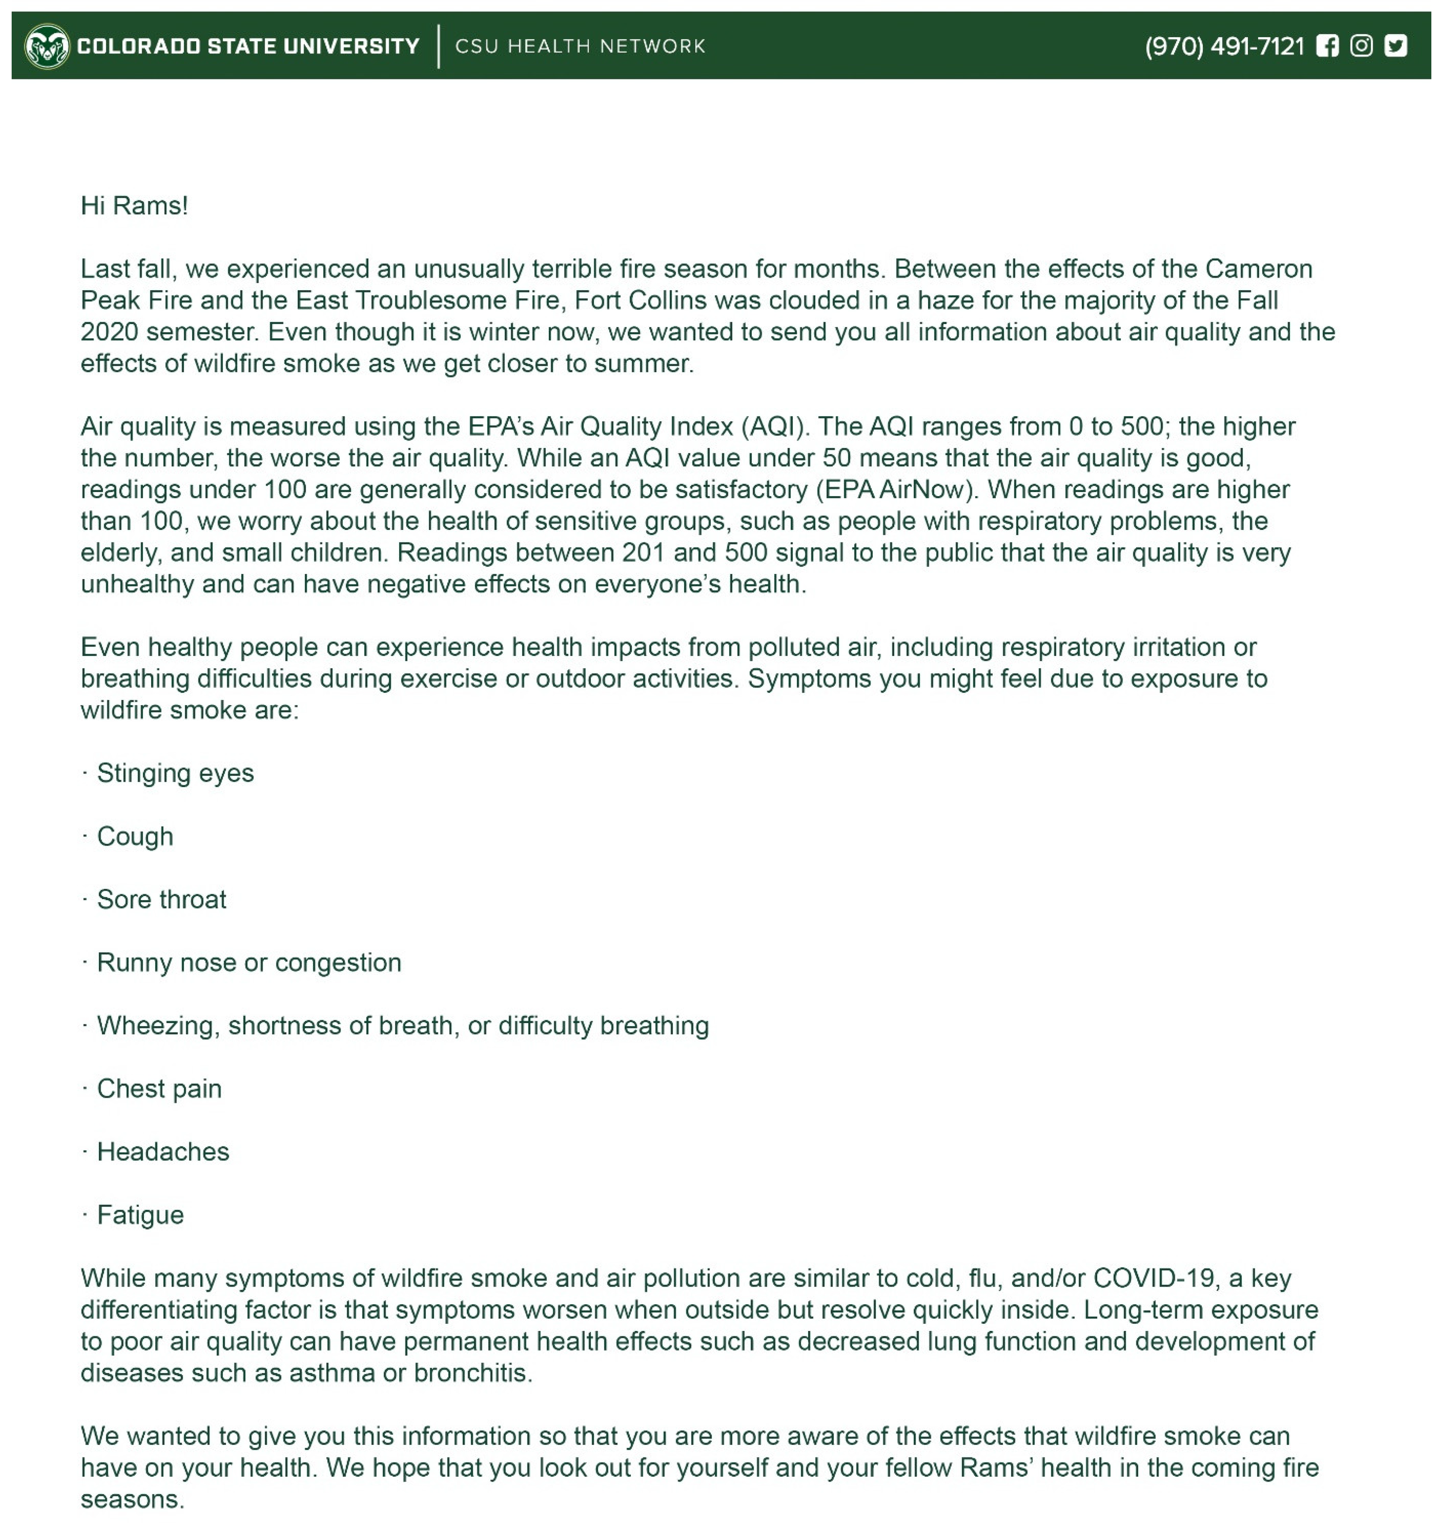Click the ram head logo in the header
point(47,46)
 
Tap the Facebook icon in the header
point(1327,46)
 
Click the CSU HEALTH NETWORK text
point(580,46)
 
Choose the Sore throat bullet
point(162,900)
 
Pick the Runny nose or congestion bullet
point(248,963)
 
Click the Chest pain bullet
point(159,1089)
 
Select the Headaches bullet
point(163,1152)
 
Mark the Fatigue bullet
point(140,1215)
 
